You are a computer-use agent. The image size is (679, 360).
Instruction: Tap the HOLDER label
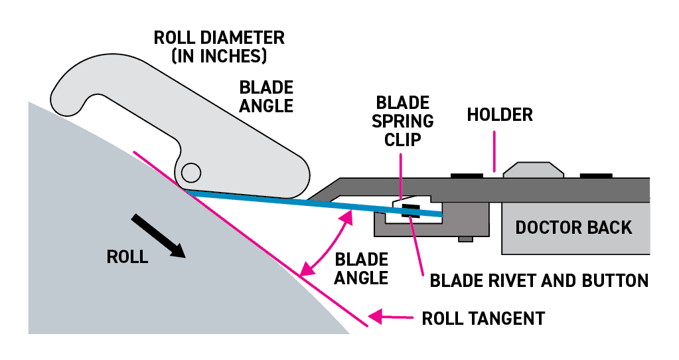(500, 114)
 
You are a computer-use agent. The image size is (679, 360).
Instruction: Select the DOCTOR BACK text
(573, 227)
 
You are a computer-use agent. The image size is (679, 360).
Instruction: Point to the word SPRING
(403, 122)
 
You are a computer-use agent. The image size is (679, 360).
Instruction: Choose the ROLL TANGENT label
(483, 318)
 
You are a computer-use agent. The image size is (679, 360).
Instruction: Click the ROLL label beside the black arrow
(127, 257)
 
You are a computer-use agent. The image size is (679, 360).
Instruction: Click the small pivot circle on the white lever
(191, 173)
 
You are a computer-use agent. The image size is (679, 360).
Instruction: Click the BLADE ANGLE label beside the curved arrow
(361, 268)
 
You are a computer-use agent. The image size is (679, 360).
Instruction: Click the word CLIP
(403, 140)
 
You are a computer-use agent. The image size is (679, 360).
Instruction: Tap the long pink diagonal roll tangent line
(252, 240)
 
